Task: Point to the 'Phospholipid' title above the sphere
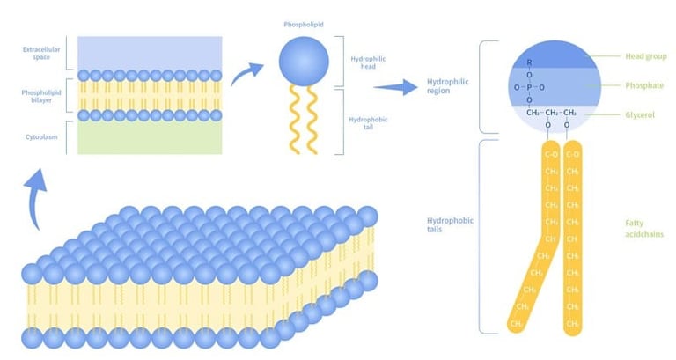(x=304, y=26)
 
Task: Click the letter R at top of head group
(x=529, y=62)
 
